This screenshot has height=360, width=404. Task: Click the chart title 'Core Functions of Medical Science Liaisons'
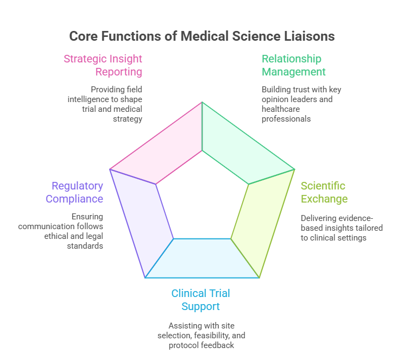tap(202, 36)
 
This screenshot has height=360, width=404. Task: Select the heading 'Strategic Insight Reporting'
tap(103, 65)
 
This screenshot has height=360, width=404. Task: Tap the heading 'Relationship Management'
tap(294, 65)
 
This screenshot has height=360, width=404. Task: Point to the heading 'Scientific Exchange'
tap(324, 192)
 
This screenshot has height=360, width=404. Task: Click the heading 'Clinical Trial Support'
tap(201, 300)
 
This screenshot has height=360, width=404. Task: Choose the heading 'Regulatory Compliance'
tap(74, 192)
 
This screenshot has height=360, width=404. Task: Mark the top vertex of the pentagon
tap(202, 102)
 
